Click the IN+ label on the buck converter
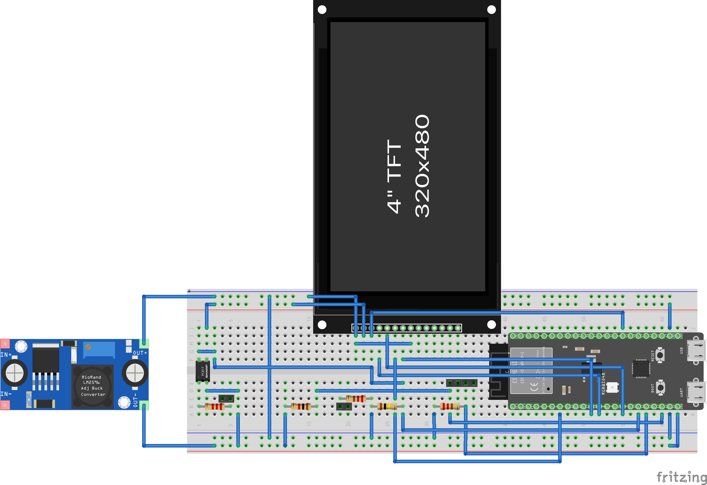[x=6, y=355]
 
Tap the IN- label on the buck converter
[x=6, y=394]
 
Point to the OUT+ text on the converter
[x=140, y=353]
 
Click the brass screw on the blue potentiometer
[x=88, y=347]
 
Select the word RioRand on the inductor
[x=91, y=377]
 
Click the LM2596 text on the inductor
[x=91, y=382]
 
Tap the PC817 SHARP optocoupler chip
[x=203, y=371]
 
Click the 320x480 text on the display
[x=422, y=166]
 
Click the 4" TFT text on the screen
[x=394, y=176]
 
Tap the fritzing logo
[x=681, y=477]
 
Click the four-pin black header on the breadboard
[x=461, y=383]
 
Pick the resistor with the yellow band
[x=387, y=406]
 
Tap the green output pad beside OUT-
[x=144, y=405]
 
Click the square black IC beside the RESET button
[x=641, y=368]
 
